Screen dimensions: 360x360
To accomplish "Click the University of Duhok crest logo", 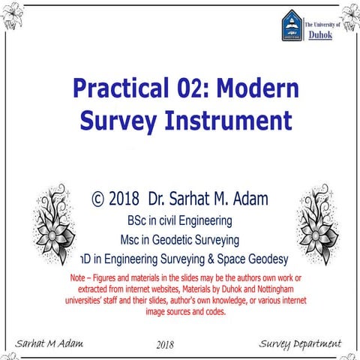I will pos(292,26).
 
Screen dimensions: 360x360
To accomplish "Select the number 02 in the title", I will pos(184,89).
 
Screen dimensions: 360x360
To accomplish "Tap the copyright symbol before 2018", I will pos(97,199).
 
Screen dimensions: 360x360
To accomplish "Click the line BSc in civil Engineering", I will pos(179,221).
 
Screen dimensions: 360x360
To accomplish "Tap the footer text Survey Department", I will pos(299,343).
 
